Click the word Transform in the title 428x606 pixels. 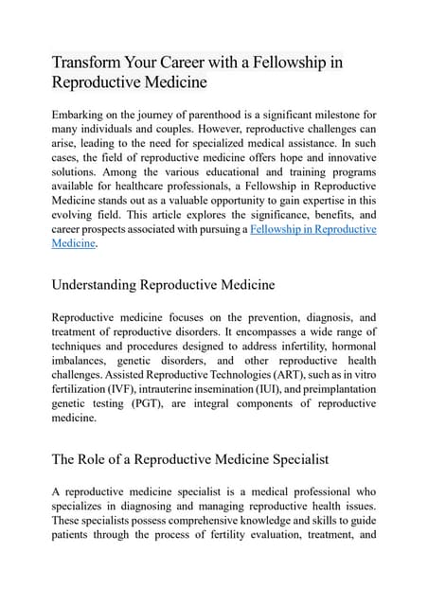tap(86, 63)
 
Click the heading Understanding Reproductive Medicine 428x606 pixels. tap(163, 284)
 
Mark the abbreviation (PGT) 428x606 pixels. tap(154, 403)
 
